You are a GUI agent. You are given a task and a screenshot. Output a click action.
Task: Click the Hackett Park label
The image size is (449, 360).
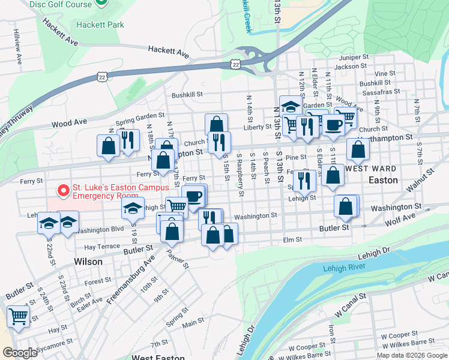(100, 25)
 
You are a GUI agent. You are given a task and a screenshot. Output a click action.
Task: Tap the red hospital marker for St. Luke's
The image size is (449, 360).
(63, 191)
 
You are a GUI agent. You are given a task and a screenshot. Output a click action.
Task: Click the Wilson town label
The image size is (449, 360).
(88, 262)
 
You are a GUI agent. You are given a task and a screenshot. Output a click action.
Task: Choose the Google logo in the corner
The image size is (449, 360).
(20, 353)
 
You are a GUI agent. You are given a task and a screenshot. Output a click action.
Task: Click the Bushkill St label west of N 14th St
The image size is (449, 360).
(188, 94)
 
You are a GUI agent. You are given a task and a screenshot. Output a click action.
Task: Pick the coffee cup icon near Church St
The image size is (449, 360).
(334, 125)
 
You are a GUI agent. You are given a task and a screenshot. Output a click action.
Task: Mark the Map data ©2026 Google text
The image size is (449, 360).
(412, 355)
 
